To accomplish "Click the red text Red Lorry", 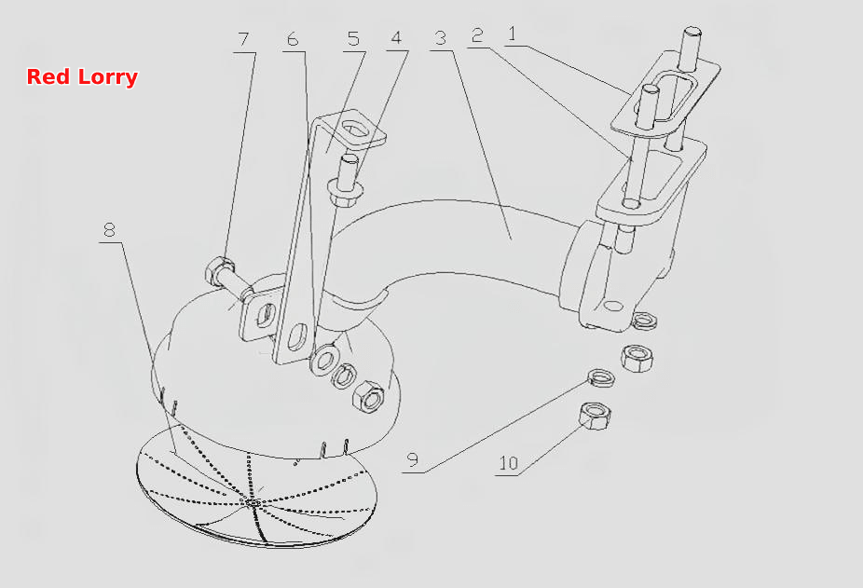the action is (82, 76).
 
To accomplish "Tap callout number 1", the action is (513, 34).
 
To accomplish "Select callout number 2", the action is (477, 35).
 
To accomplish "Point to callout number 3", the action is (440, 38).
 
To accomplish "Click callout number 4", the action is (396, 37).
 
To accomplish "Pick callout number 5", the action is (353, 38).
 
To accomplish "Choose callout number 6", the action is (293, 39).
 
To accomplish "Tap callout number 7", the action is (243, 40).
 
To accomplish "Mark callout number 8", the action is (110, 229).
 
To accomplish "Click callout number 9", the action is (413, 459).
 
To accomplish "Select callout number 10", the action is (509, 463).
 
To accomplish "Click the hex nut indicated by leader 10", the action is (595, 416).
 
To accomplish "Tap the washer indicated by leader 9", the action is (601, 377).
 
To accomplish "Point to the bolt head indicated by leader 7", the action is (219, 269).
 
